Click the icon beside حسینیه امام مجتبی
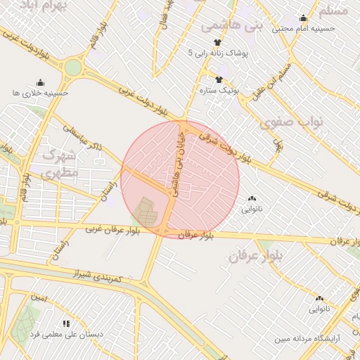click(x=303, y=18)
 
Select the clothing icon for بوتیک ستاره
click(x=219, y=79)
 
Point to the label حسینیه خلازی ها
click(x=40, y=93)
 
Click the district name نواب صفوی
click(x=291, y=122)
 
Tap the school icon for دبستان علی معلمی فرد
click(x=65, y=323)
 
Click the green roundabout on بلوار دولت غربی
click(x=73, y=68)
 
